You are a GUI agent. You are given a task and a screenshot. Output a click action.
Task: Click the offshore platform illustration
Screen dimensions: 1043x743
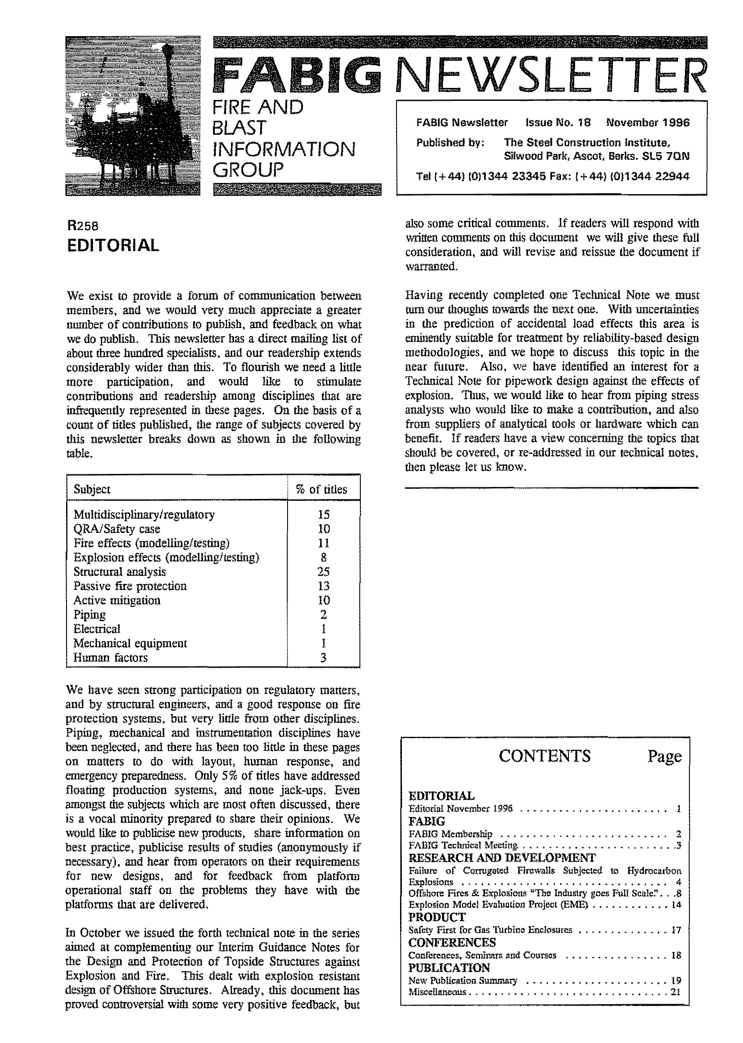click(x=133, y=116)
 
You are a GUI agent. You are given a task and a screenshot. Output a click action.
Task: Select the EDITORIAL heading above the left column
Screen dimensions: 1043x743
click(x=113, y=245)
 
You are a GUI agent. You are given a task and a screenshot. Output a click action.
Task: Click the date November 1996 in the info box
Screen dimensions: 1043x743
click(x=647, y=123)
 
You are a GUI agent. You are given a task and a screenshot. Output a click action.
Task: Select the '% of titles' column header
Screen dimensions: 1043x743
click(x=323, y=489)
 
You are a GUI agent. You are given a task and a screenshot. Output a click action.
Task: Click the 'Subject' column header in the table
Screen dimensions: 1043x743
click(x=92, y=489)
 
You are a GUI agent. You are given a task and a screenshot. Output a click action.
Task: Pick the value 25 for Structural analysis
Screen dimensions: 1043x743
click(x=323, y=572)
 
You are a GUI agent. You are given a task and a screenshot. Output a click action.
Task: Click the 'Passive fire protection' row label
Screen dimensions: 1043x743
click(x=130, y=586)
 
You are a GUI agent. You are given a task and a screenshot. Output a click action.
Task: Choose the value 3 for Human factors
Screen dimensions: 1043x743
click(x=323, y=657)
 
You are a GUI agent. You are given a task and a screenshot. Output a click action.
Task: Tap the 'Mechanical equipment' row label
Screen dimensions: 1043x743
click(x=130, y=644)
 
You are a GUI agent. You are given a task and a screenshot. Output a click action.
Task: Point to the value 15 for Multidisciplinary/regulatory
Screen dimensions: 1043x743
click(x=323, y=515)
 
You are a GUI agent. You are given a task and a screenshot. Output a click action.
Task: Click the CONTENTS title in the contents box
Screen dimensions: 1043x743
click(x=544, y=756)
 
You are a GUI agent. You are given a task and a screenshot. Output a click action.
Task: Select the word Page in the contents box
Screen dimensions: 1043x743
click(x=664, y=756)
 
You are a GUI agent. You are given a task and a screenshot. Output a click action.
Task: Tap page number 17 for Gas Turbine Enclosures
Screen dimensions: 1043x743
click(x=676, y=930)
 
